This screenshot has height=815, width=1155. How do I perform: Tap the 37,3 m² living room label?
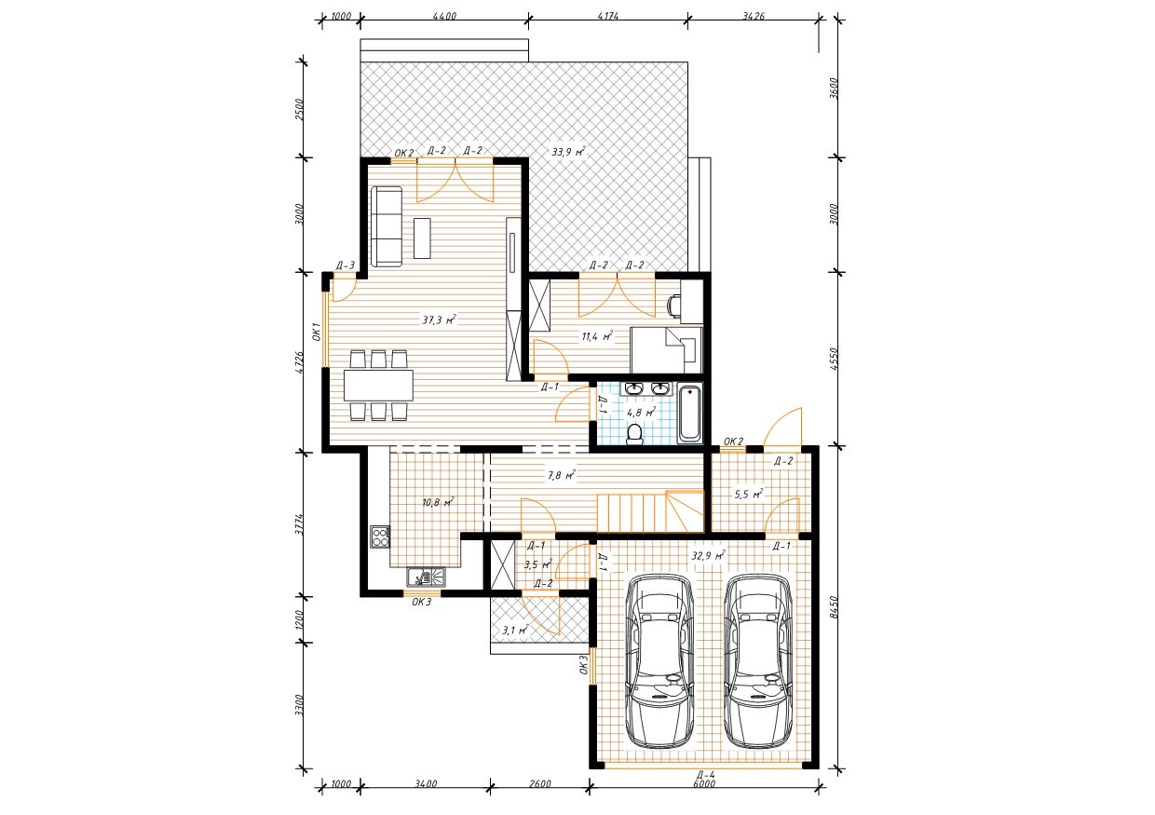(x=440, y=319)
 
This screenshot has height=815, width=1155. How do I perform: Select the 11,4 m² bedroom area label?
(x=597, y=336)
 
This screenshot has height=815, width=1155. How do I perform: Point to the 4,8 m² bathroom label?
(x=641, y=412)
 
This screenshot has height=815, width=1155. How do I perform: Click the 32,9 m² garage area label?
(x=709, y=556)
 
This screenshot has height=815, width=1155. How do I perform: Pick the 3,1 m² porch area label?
(x=516, y=630)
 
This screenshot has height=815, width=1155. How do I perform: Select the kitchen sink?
(x=426, y=577)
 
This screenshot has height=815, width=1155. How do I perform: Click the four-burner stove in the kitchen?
(x=380, y=537)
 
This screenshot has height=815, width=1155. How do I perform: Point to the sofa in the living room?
(x=387, y=227)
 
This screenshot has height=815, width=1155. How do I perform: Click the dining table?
(x=378, y=385)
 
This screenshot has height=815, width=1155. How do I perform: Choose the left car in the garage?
(x=659, y=661)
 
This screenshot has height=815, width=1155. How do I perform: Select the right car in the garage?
(x=757, y=661)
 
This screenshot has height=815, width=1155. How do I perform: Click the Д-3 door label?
(x=346, y=266)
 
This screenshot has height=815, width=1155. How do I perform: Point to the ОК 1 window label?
(x=317, y=332)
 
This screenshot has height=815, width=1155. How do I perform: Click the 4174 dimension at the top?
(x=608, y=16)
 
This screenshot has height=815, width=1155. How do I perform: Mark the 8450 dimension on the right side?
(x=835, y=607)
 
